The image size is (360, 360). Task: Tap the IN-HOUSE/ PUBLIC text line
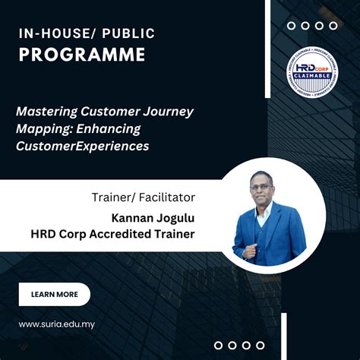[87, 33]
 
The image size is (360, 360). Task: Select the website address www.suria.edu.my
[57, 324]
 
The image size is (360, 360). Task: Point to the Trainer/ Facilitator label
[143, 197]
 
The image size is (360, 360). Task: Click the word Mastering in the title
[45, 112]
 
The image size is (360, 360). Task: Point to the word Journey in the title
[169, 112]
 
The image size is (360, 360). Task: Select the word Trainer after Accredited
[175, 234]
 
